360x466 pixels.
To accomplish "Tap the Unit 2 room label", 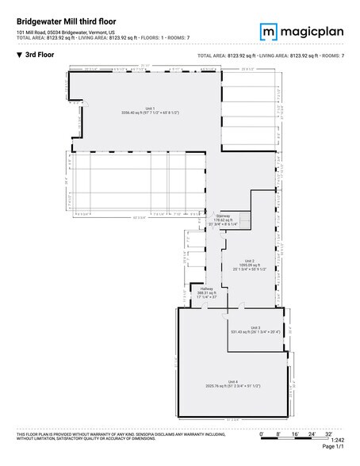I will pos(248,261).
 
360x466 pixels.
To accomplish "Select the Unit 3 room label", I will pos(255,327).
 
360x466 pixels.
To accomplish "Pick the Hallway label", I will pos(206,288).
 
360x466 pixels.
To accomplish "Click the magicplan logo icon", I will pos(268,31).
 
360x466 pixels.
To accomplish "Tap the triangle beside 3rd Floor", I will pos(18,56).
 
